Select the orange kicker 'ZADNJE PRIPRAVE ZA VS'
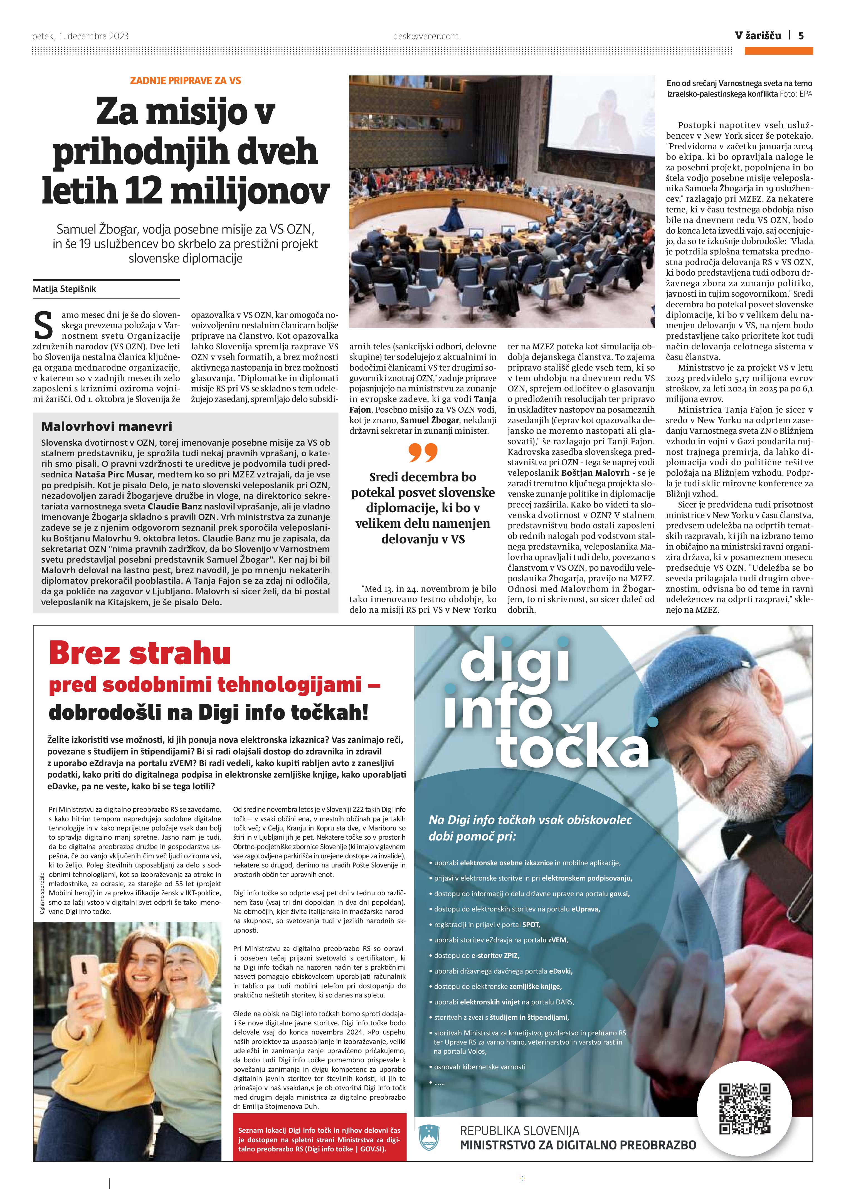click(186, 81)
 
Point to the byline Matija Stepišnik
click(65, 289)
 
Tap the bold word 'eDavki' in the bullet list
click(560, 971)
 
